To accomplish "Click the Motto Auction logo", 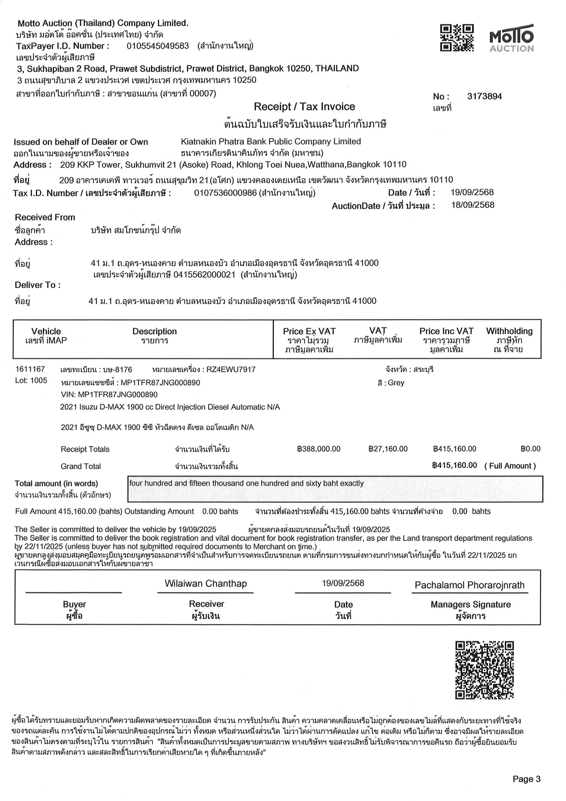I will tap(511, 38).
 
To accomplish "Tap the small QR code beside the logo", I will tap(457, 38).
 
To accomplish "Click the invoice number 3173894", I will tap(484, 97).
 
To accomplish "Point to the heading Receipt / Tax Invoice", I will tap(304, 107).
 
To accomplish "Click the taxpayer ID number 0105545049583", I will tap(158, 46).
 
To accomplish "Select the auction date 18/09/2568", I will tap(472, 205).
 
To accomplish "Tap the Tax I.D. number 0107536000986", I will tap(225, 193).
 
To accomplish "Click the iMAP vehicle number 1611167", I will tap(30, 369).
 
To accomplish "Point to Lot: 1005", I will tap(31, 381).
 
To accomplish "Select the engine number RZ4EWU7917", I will tap(231, 369).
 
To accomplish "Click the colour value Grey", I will tap(396, 383).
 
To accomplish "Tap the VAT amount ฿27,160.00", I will tap(388, 449).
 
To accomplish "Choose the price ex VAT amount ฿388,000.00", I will tap(318, 449).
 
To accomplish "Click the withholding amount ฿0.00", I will tap(530, 449).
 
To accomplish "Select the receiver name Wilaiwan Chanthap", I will tap(205, 584).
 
